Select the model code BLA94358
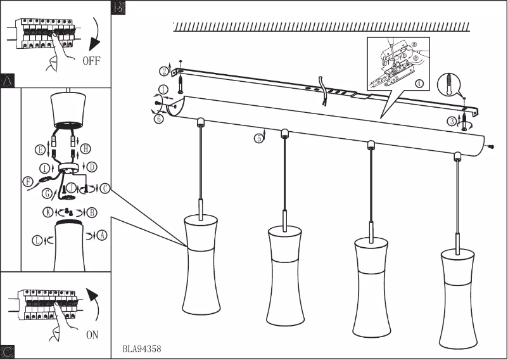click(x=143, y=349)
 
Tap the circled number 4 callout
click(x=419, y=84)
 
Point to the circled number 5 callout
click(x=259, y=138)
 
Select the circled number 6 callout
click(x=158, y=118)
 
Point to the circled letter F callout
click(x=27, y=181)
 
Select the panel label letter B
click(x=118, y=8)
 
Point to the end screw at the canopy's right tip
click(x=491, y=146)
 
